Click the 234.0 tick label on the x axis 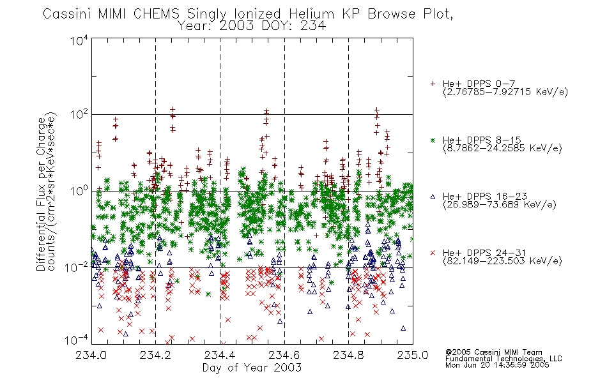[91, 355]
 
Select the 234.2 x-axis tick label [155, 355]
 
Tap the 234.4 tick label [220, 355]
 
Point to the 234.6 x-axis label [284, 355]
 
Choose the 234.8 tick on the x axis [348, 355]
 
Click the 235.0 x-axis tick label [412, 355]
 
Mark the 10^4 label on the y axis [79, 40]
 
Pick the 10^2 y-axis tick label [79, 115]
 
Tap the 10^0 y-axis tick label [79, 191]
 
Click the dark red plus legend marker [433, 84]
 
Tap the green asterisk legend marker [433, 140]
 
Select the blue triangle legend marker [433, 197]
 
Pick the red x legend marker [433, 253]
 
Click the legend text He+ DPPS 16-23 [485, 197]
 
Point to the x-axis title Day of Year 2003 [252, 368]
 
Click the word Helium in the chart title [311, 14]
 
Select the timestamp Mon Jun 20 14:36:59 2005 [497, 365]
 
